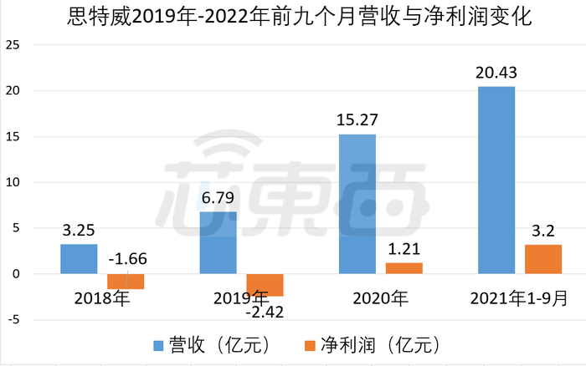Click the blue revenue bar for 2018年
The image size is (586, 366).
[79, 259]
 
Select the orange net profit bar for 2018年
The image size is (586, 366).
[126, 282]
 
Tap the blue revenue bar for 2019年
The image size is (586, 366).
[218, 242]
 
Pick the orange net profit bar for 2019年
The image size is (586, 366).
[265, 285]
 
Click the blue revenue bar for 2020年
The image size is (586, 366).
[357, 204]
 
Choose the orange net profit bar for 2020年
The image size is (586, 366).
[404, 268]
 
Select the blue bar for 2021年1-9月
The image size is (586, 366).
[496, 180]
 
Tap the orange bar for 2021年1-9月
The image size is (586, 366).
[542, 259]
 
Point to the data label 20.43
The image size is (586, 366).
[496, 74]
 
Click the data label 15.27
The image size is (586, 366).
[357, 120]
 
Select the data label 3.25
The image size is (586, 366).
[79, 231]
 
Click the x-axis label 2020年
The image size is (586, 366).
[381, 297]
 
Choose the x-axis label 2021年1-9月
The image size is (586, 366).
[519, 297]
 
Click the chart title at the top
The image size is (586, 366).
[293, 17]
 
